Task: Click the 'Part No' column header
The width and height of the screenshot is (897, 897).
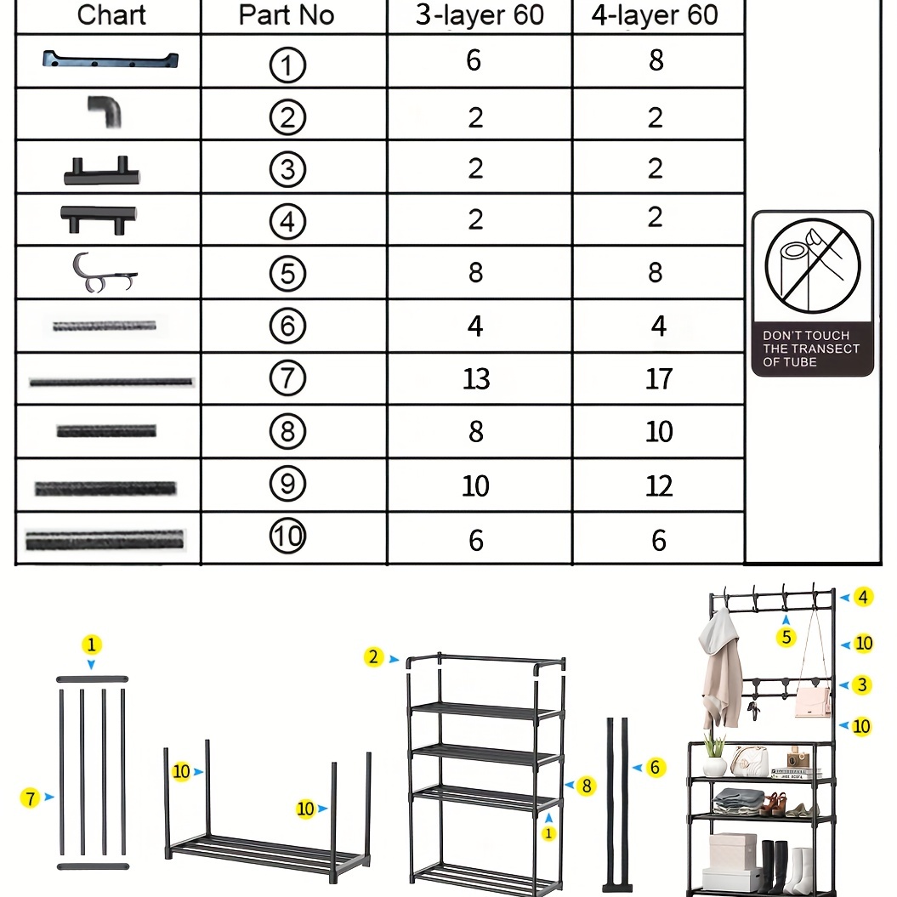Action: (x=286, y=15)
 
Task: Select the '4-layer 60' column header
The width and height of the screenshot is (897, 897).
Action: (x=655, y=15)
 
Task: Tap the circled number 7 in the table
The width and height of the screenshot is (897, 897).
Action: (x=287, y=378)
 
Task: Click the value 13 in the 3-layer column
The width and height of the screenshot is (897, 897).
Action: (x=476, y=378)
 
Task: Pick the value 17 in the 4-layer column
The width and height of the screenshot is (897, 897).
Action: (x=658, y=378)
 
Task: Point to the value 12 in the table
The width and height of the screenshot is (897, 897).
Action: (x=658, y=485)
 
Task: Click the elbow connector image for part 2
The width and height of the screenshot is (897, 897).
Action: (x=105, y=111)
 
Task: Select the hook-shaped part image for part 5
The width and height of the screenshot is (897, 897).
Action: (x=104, y=273)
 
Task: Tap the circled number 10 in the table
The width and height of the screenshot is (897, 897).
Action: (x=287, y=536)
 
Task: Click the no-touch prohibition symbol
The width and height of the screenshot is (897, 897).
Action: (x=812, y=266)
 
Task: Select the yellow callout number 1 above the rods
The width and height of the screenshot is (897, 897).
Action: (x=92, y=644)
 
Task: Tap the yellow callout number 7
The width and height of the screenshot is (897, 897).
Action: (x=31, y=798)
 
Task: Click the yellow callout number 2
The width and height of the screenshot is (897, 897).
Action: (x=373, y=656)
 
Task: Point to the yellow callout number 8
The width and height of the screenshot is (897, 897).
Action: (x=587, y=786)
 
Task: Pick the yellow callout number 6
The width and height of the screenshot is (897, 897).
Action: (x=656, y=767)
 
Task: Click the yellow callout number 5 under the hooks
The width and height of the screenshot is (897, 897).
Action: (x=786, y=637)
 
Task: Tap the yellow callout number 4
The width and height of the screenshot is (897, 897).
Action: (x=863, y=597)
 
